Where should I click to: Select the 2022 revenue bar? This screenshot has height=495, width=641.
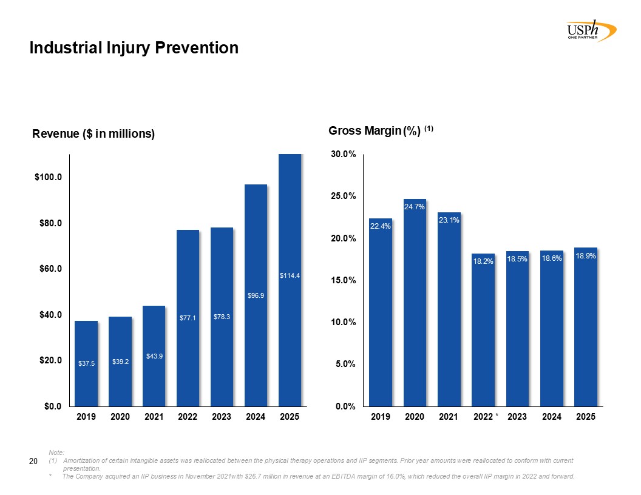[x=188, y=318]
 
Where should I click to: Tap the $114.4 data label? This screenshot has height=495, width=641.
[x=290, y=276]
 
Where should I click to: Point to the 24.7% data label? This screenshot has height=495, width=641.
[x=415, y=207]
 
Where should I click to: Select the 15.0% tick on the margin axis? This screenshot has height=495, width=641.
[x=343, y=280]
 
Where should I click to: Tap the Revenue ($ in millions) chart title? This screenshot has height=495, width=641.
[x=93, y=134]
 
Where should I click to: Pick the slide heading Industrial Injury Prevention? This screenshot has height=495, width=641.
[x=134, y=48]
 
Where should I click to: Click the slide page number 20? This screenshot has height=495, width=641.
[x=34, y=463]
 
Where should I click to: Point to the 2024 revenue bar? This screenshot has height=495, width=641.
[x=256, y=295]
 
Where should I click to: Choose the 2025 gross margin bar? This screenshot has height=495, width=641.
[x=586, y=327]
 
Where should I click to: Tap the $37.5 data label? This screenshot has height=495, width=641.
[x=87, y=363]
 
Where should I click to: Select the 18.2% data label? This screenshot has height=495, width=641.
[x=483, y=261]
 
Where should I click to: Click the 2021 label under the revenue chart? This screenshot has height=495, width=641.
[x=154, y=417]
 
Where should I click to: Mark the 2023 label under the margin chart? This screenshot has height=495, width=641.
[x=517, y=417]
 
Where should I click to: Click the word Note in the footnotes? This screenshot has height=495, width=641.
[x=56, y=453]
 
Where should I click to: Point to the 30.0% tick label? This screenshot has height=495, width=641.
[x=343, y=155]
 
